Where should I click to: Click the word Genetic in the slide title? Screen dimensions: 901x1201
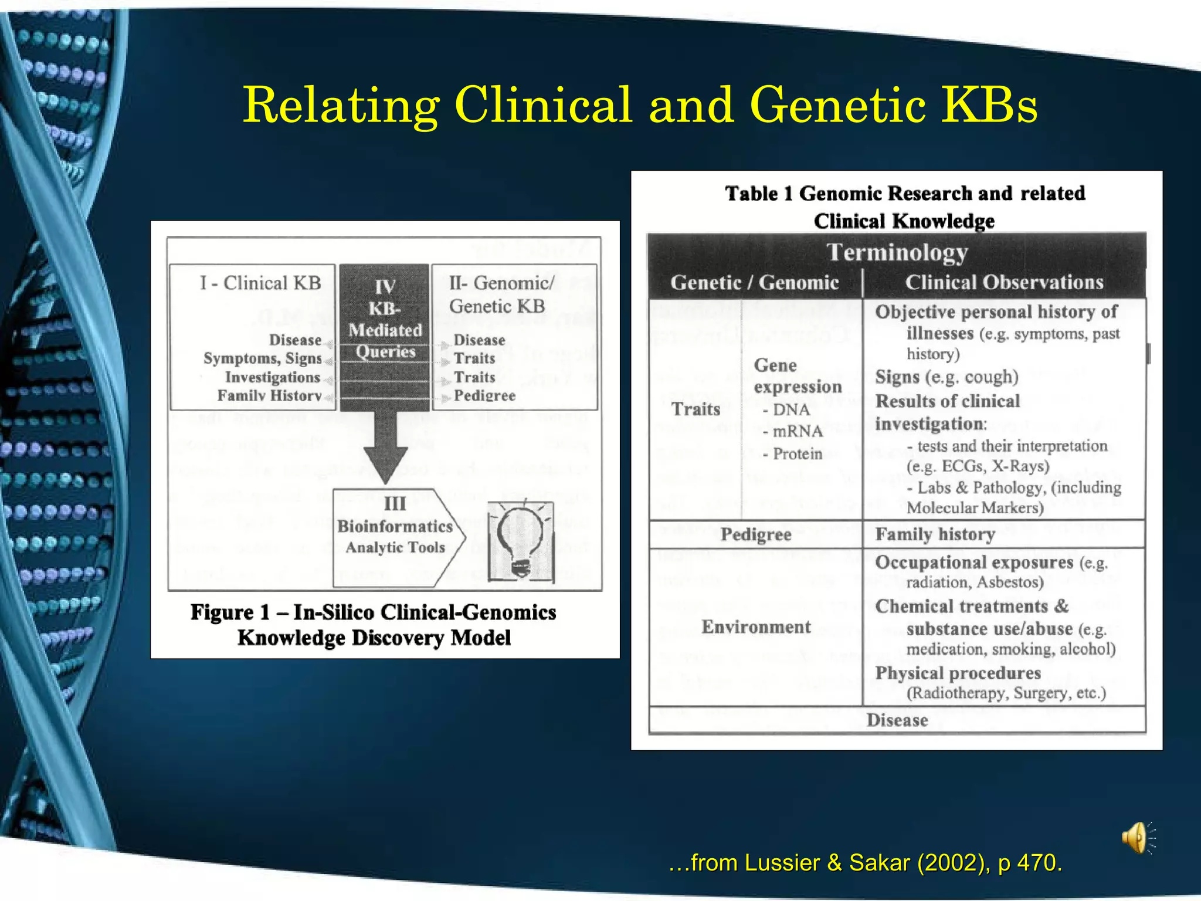pyautogui.click(x=837, y=106)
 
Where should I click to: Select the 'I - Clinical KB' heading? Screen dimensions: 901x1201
pyautogui.click(x=260, y=283)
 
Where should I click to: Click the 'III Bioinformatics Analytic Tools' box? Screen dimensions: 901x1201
pyautogui.click(x=395, y=526)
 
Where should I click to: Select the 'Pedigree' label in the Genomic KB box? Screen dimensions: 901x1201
pyautogui.click(x=484, y=396)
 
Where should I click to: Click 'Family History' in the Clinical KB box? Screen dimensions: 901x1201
pyautogui.click(x=269, y=396)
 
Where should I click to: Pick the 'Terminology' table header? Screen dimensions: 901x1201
pyautogui.click(x=897, y=252)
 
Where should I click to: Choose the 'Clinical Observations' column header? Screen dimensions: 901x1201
pyautogui.click(x=1004, y=283)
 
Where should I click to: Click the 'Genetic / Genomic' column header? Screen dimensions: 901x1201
pyautogui.click(x=755, y=283)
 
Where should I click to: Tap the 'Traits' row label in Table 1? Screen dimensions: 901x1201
pyautogui.click(x=696, y=409)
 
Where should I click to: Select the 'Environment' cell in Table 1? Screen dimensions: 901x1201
pyautogui.click(x=756, y=627)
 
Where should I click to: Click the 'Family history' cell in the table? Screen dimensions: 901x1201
pyautogui.click(x=935, y=534)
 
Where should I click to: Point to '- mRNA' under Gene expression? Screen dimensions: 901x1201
pyautogui.click(x=793, y=432)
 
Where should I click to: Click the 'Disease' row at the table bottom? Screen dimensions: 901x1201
pyautogui.click(x=897, y=720)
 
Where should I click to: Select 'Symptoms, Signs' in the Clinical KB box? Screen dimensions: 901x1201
pyautogui.click(x=262, y=358)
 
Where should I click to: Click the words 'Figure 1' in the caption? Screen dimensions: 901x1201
pyautogui.click(x=230, y=612)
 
